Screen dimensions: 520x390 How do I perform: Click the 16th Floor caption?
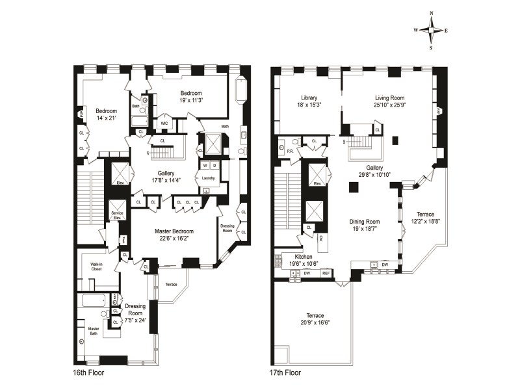(88, 373)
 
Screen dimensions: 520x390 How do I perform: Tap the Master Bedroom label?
(172, 231)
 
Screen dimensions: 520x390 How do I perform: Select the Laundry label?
(209, 177)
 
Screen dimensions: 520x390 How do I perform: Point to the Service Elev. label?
(118, 215)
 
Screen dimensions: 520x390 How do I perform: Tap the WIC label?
(164, 122)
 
